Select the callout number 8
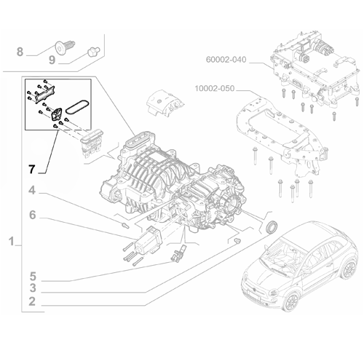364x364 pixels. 20,51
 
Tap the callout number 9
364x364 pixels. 52,60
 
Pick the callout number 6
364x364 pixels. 32,215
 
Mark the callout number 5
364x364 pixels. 32,277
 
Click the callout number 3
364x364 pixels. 32,289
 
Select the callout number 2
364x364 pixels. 32,301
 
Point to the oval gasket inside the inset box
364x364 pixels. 76,106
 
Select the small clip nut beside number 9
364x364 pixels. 92,51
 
